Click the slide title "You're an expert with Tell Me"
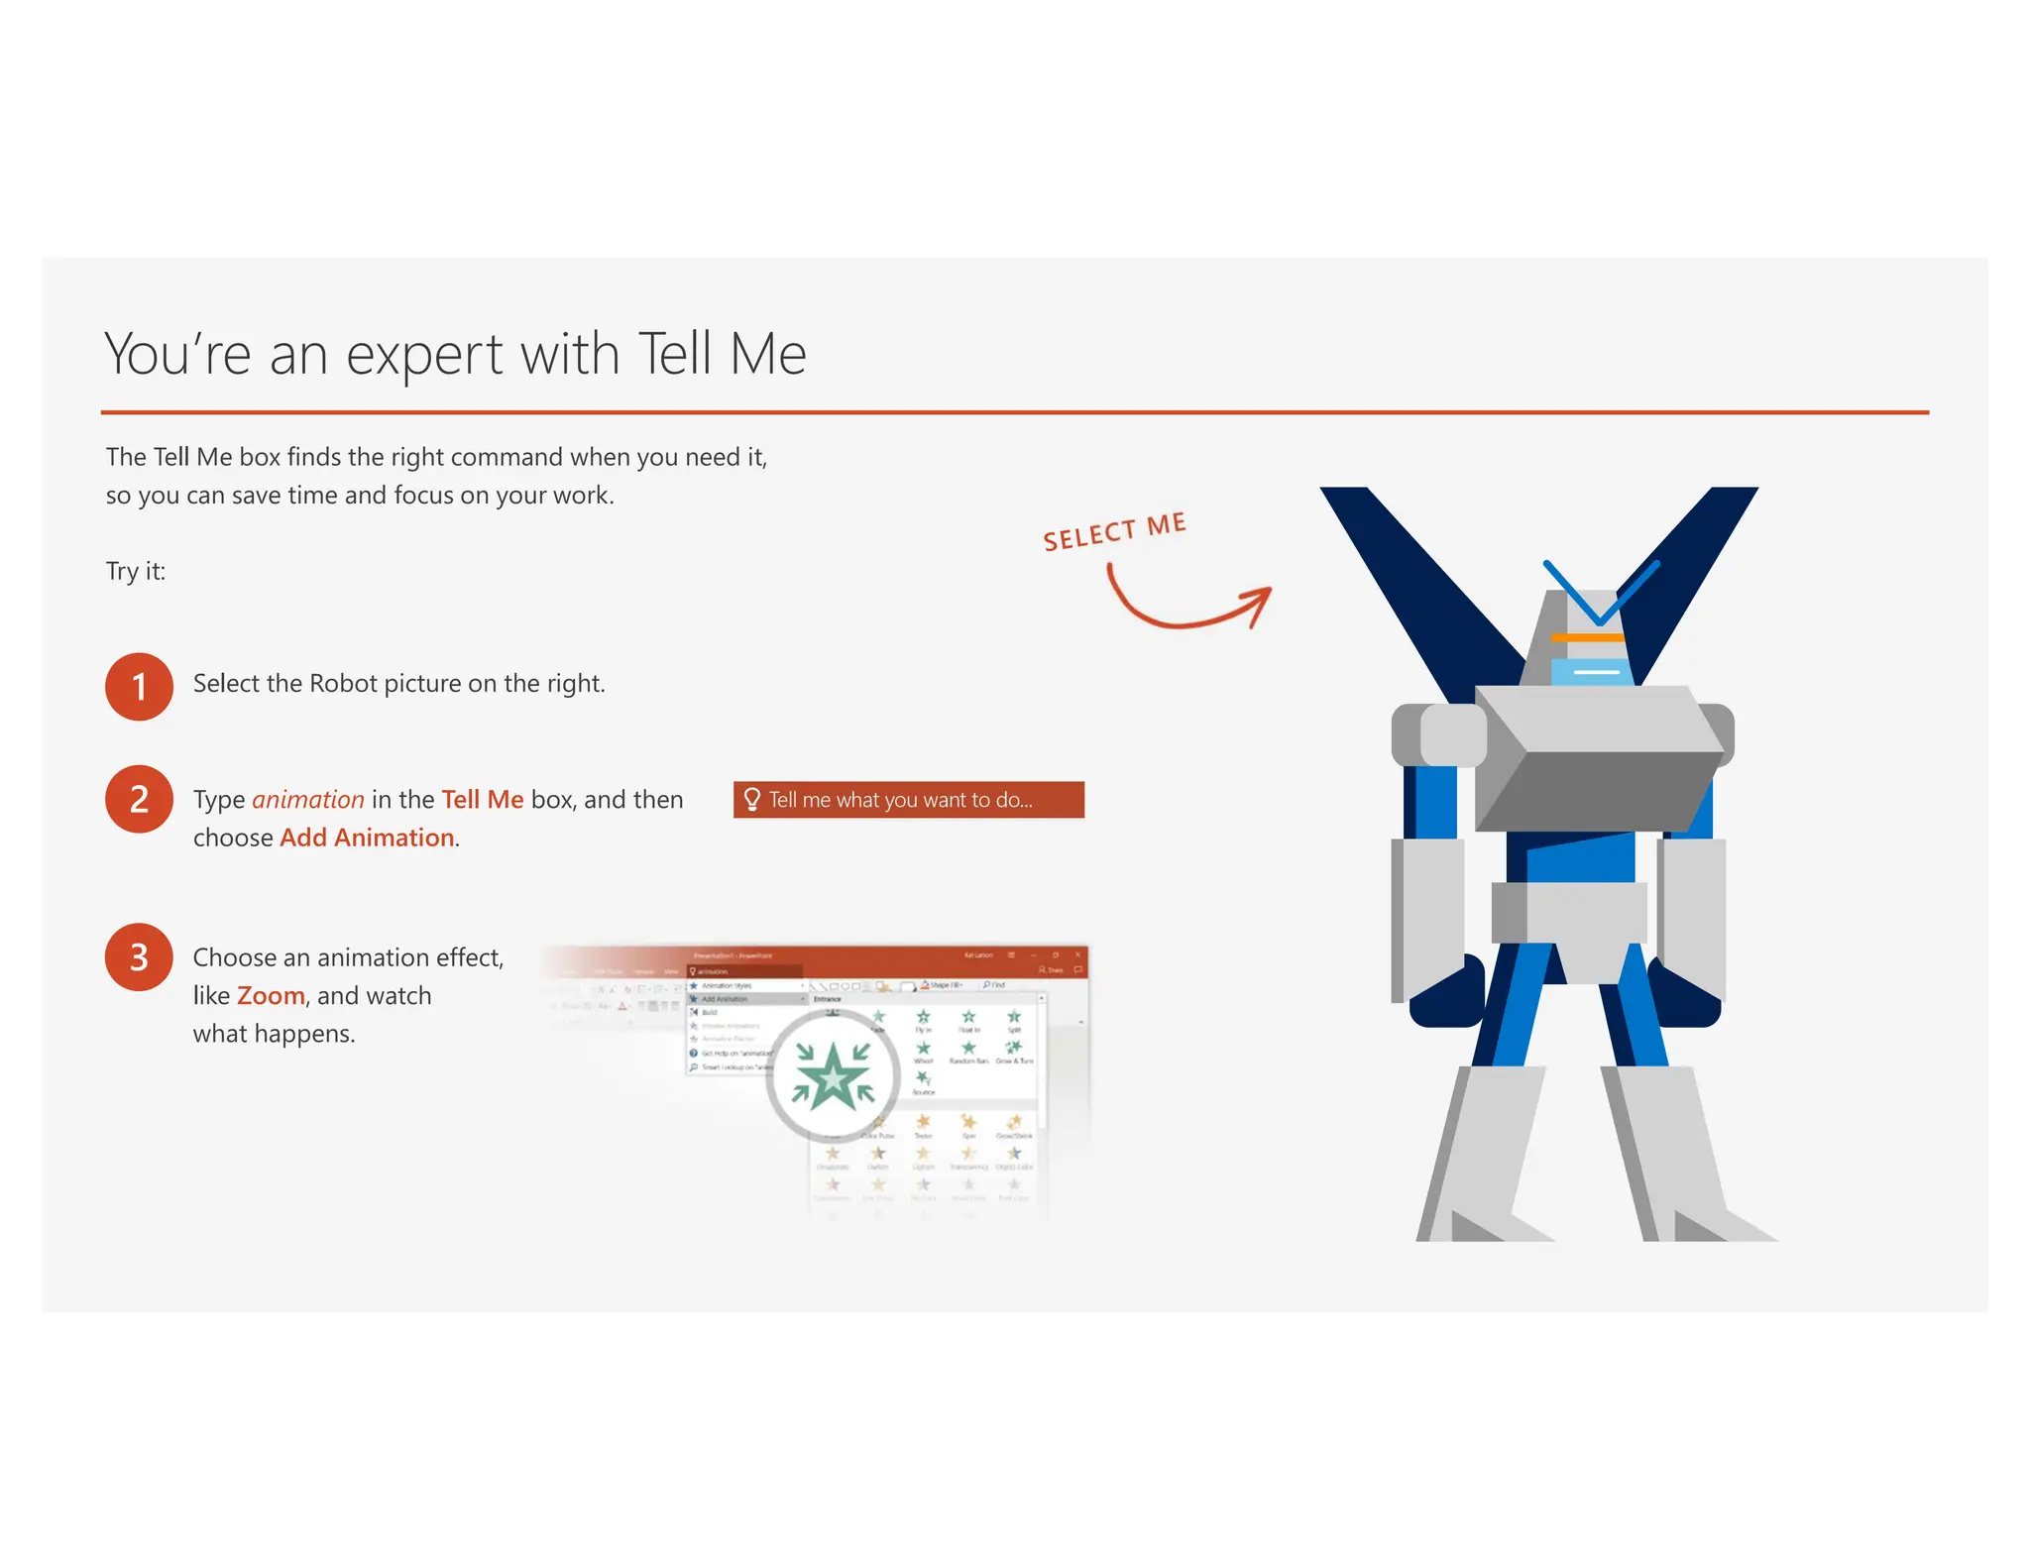point(455,354)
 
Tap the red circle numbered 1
point(139,686)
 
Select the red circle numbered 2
point(139,799)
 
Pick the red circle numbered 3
point(139,957)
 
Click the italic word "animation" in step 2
point(308,800)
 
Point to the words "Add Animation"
point(367,839)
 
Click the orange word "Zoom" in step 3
point(271,996)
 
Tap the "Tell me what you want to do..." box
point(908,800)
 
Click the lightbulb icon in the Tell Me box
point(752,800)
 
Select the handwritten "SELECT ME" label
point(1114,531)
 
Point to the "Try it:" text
point(136,572)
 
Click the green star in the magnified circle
point(834,1077)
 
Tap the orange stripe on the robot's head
point(1587,637)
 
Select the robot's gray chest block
point(1598,758)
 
